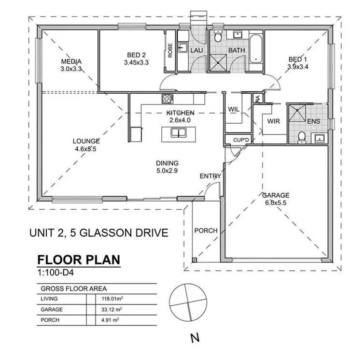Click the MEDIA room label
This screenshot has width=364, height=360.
point(70,62)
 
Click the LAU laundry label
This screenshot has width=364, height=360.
point(196,50)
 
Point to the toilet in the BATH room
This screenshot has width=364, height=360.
point(218,37)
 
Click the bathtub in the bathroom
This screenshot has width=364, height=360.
point(255,47)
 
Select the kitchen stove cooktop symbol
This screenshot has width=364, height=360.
point(168,99)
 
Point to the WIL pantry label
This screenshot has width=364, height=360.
point(234,110)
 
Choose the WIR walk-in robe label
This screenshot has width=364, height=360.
point(273,121)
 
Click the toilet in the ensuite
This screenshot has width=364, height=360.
point(302,137)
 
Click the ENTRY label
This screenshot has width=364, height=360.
point(210,176)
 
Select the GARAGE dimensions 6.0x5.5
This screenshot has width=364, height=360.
point(276,203)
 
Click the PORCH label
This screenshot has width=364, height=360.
point(206,230)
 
